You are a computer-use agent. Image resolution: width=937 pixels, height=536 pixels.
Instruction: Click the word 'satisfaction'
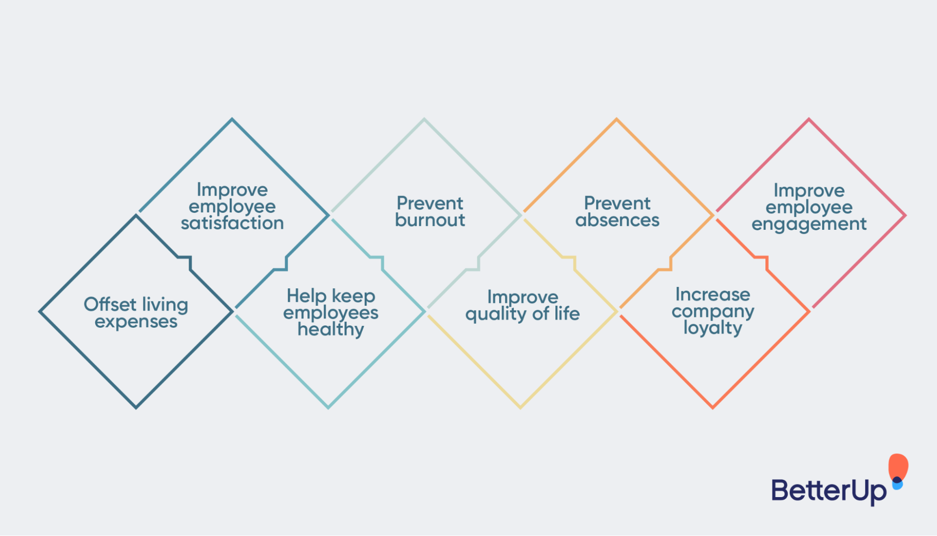coord(232,223)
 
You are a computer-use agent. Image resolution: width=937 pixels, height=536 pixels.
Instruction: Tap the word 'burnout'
coord(430,220)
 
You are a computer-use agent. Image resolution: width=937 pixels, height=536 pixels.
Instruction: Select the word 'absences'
coord(617,220)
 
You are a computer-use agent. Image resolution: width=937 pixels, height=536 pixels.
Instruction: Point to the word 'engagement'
coord(809,224)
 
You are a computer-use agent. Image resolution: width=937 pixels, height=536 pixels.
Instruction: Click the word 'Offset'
coord(110,304)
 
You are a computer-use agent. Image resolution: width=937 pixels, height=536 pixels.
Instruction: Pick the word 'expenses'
coord(136,322)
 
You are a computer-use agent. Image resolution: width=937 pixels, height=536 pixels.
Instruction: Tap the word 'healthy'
coord(330,329)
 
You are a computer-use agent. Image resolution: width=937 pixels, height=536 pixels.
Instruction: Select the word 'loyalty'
coord(712,328)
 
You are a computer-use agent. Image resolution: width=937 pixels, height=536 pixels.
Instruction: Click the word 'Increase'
coord(712,294)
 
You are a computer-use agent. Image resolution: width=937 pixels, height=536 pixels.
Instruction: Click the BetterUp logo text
coord(828,491)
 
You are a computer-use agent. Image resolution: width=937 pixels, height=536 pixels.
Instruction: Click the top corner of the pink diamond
coord(809,120)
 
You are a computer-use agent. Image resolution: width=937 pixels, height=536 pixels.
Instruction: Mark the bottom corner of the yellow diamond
coord(520,407)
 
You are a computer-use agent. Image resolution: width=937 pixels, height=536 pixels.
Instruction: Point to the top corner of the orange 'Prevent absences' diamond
coord(616,120)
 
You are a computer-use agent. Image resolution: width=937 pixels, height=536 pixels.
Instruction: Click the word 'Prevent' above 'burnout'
coord(430,203)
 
